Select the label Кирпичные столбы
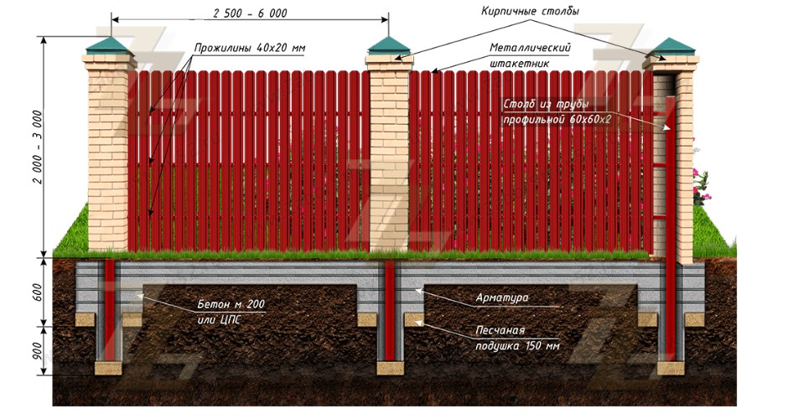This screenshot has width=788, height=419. [530, 11]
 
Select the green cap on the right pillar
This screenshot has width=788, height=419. [673, 47]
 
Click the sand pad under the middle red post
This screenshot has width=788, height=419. [390, 367]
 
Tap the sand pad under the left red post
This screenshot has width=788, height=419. [111, 367]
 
